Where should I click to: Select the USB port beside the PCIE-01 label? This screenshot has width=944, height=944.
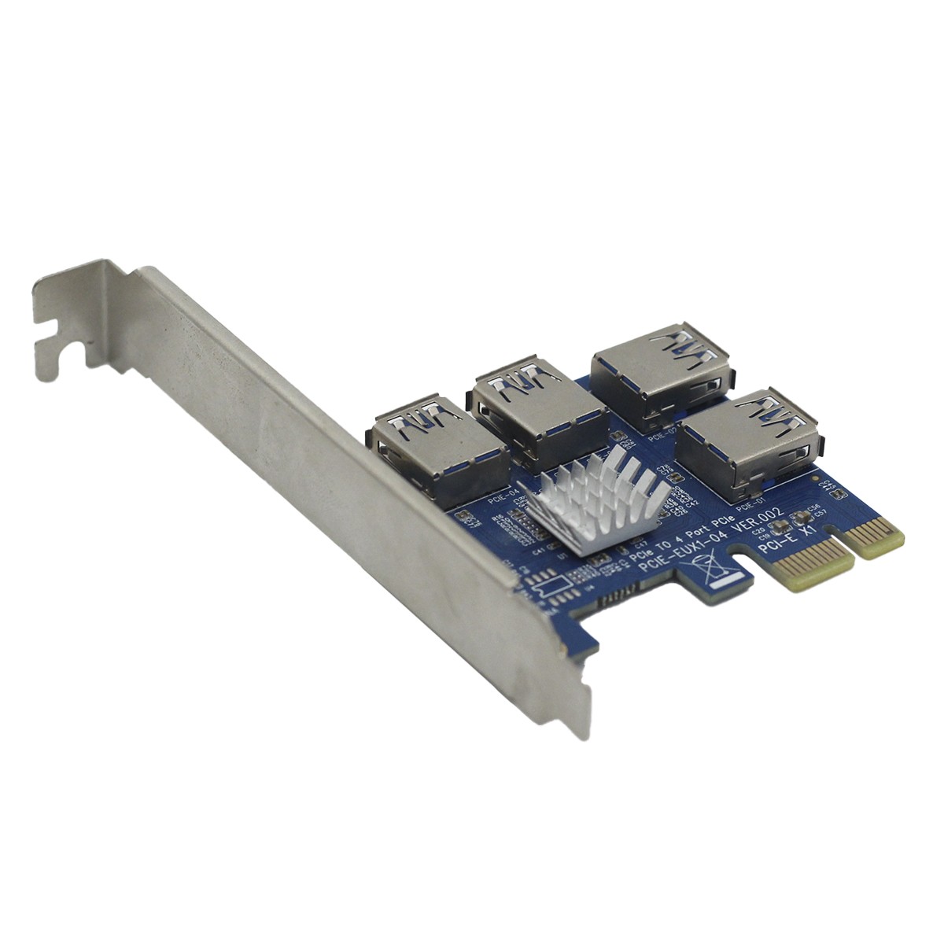747,444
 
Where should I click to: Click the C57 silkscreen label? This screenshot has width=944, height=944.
821,514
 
